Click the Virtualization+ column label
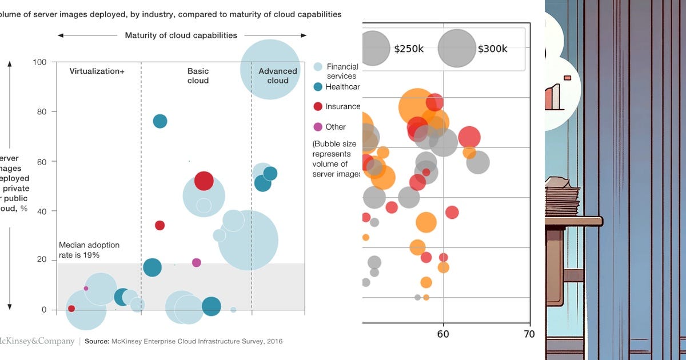click(x=97, y=71)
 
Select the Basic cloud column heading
click(x=198, y=76)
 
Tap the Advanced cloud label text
click(x=278, y=76)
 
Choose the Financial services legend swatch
click(x=318, y=67)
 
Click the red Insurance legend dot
click(x=318, y=106)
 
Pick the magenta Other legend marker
click(x=318, y=127)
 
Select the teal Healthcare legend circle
click(x=318, y=87)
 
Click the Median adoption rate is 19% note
click(x=89, y=250)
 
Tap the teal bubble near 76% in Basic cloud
click(x=160, y=121)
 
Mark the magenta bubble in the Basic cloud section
click(x=196, y=262)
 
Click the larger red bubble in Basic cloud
click(x=204, y=181)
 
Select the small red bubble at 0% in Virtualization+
click(x=71, y=309)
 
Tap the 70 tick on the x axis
click(x=529, y=334)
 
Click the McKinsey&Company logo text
click(x=37, y=341)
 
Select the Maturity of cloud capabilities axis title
click(x=181, y=35)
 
